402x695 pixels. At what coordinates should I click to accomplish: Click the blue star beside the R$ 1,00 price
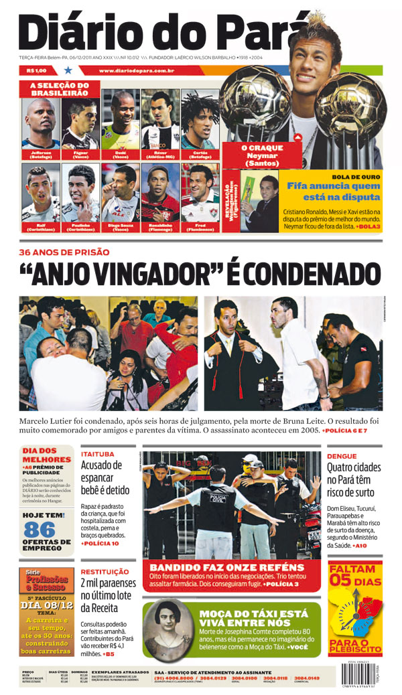(68, 70)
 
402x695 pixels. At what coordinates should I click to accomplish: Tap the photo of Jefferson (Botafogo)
(40, 121)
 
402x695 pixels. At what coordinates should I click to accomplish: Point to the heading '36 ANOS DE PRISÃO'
(64, 252)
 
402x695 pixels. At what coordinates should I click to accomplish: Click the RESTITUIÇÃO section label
(105, 571)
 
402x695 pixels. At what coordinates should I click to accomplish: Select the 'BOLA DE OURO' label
(356, 177)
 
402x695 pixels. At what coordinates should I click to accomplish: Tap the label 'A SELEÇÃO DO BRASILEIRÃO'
(59, 89)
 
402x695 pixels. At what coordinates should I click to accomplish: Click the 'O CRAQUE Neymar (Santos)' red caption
(262, 155)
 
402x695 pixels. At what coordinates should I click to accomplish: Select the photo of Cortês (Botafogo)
(200, 121)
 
